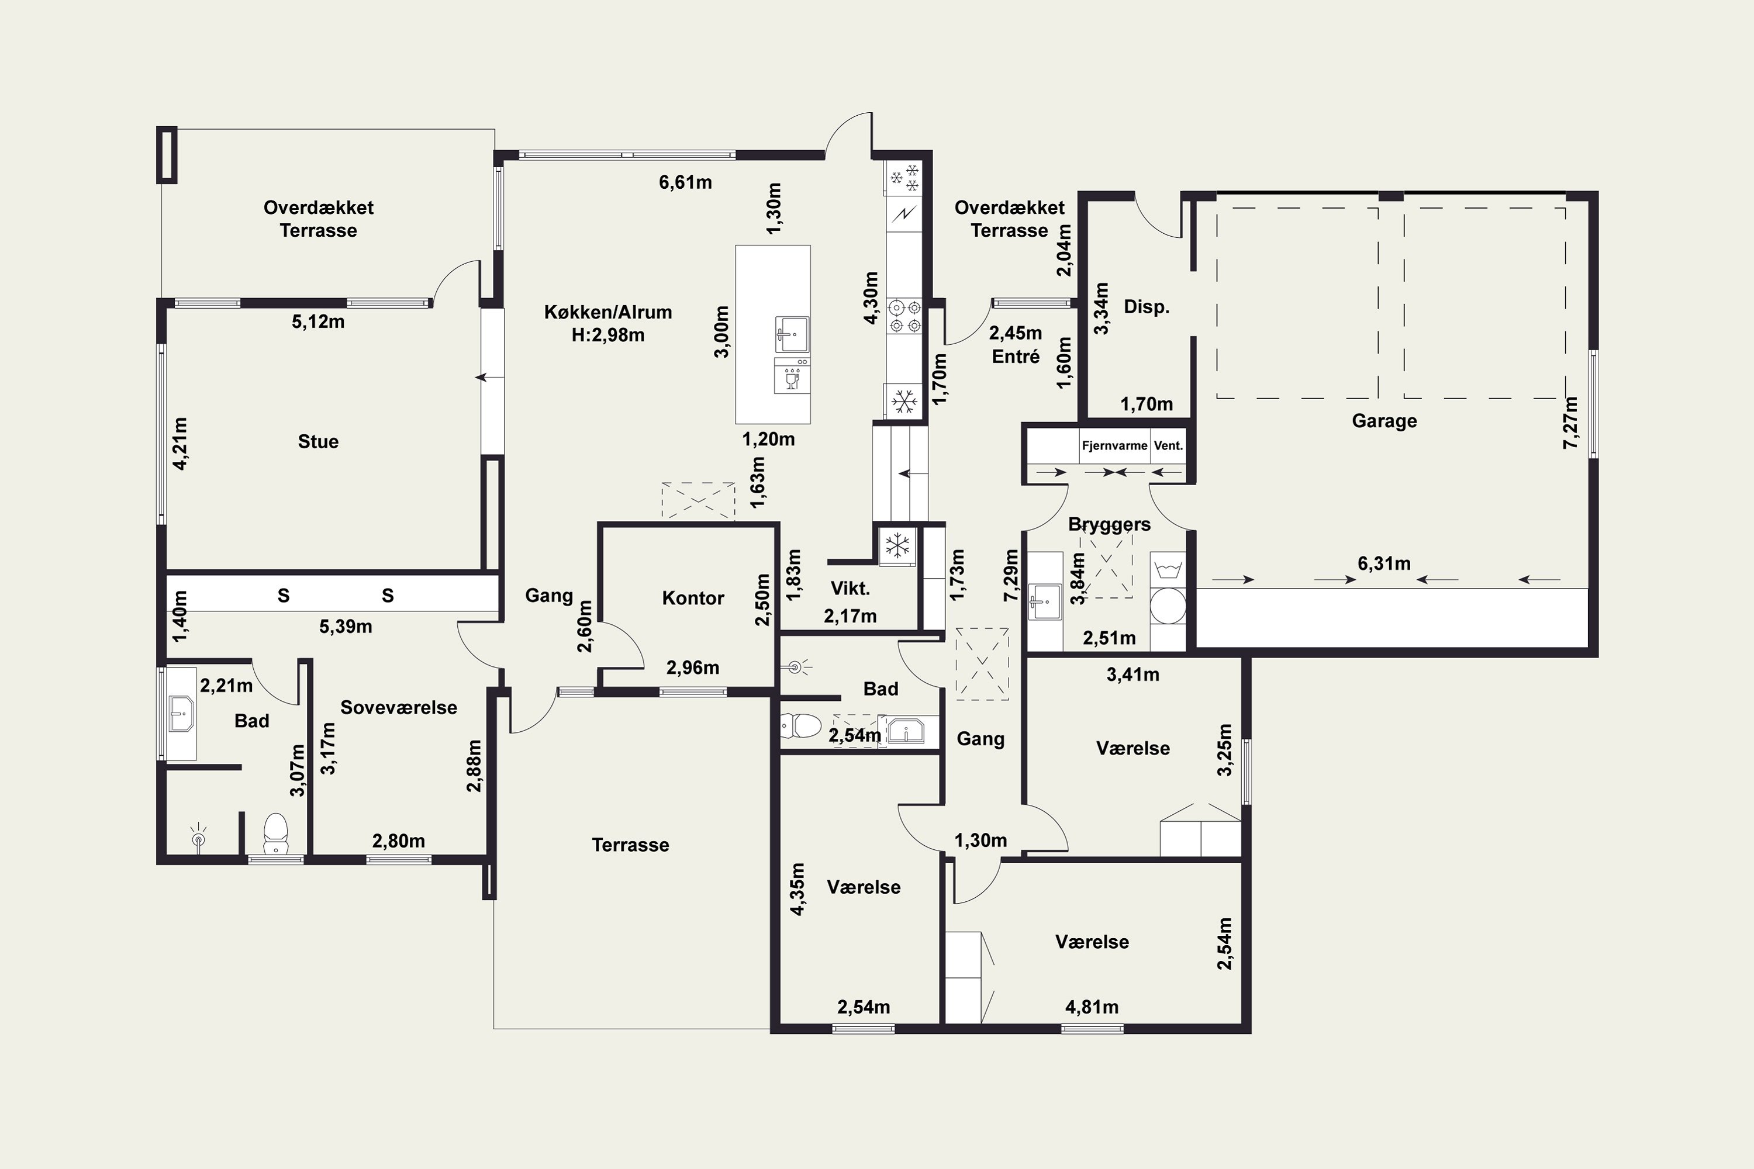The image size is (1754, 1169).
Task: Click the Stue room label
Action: tap(319, 441)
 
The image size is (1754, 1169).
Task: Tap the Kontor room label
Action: tap(693, 598)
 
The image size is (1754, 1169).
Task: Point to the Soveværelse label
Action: tap(399, 707)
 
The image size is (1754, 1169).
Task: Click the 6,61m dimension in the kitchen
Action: tap(685, 182)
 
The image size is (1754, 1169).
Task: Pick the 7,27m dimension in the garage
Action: tap(1570, 422)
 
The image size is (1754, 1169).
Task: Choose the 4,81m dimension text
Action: tap(1092, 1007)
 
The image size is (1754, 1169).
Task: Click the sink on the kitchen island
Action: tap(791, 334)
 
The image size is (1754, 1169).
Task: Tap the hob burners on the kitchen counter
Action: tap(904, 316)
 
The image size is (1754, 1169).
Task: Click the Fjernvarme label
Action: tap(1114, 446)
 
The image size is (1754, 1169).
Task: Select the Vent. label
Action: tap(1168, 446)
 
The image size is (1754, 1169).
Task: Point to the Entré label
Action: tap(1016, 357)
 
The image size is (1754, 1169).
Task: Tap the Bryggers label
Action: tap(1109, 524)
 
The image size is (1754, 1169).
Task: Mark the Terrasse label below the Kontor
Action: tap(630, 845)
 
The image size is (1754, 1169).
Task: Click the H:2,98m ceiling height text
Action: tap(608, 336)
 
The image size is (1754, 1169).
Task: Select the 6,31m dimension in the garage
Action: tap(1384, 563)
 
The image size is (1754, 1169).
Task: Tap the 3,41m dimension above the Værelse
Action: tap(1133, 675)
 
